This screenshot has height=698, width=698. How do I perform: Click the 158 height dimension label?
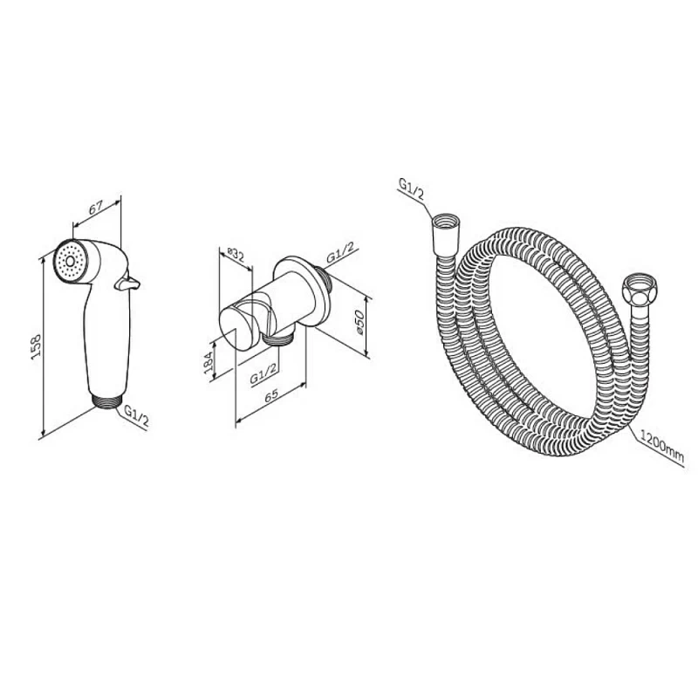tap(36, 345)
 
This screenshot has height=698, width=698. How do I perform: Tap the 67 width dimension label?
tap(96, 208)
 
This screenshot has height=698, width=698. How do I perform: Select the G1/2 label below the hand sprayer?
tap(136, 416)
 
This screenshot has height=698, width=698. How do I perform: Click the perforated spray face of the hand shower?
tap(70, 261)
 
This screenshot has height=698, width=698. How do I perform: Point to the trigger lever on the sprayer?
tap(127, 283)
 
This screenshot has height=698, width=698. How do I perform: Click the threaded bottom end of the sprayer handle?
tap(107, 400)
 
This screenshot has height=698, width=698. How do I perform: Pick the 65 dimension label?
tap(271, 396)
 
